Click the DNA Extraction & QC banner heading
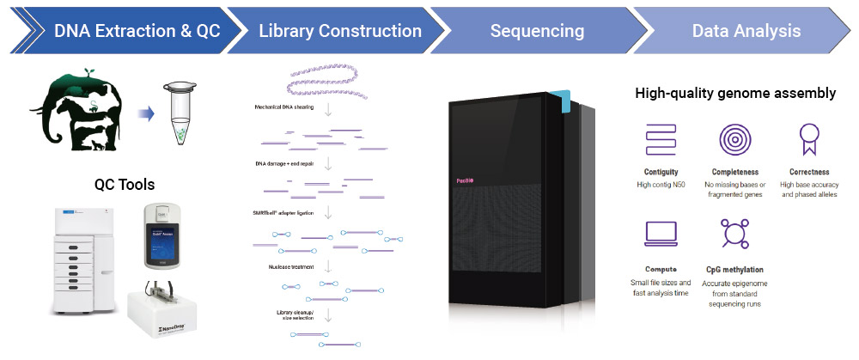137,32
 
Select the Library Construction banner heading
340,32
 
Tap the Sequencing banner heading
537,32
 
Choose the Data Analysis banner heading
746,32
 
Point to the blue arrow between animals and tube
146,112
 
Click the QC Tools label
124,184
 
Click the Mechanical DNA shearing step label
284,107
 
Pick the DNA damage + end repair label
283,162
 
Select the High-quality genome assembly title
735,93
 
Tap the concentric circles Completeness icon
735,137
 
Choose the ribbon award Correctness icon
807,137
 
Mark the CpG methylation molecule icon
735,235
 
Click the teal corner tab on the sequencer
561,101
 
